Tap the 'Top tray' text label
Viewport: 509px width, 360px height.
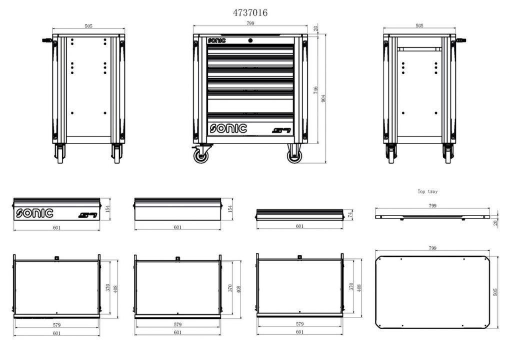pyautogui.click(x=427, y=191)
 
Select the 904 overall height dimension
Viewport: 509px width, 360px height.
pyautogui.click(x=322, y=98)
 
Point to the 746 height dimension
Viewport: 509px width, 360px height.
pyautogui.click(x=315, y=90)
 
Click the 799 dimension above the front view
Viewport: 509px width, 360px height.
pyautogui.click(x=250, y=24)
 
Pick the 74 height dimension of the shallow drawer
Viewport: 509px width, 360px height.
pyautogui.click(x=350, y=214)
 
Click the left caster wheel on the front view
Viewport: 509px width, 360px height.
pyautogui.click(x=202, y=155)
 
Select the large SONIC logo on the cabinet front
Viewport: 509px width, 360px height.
pyautogui.click(x=228, y=128)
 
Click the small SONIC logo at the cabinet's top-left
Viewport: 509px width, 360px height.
pyautogui.click(x=215, y=39)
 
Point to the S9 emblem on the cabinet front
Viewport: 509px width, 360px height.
pyautogui.click(x=281, y=131)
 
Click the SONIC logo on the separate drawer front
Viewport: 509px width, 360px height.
pyautogui.click(x=34, y=213)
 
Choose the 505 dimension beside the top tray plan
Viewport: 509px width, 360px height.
pyautogui.click(x=495, y=291)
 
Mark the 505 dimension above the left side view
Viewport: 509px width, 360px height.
pyautogui.click(x=88, y=26)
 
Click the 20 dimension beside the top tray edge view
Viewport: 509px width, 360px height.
pyautogui.click(x=496, y=222)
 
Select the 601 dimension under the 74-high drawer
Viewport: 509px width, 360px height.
pyautogui.click(x=300, y=226)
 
